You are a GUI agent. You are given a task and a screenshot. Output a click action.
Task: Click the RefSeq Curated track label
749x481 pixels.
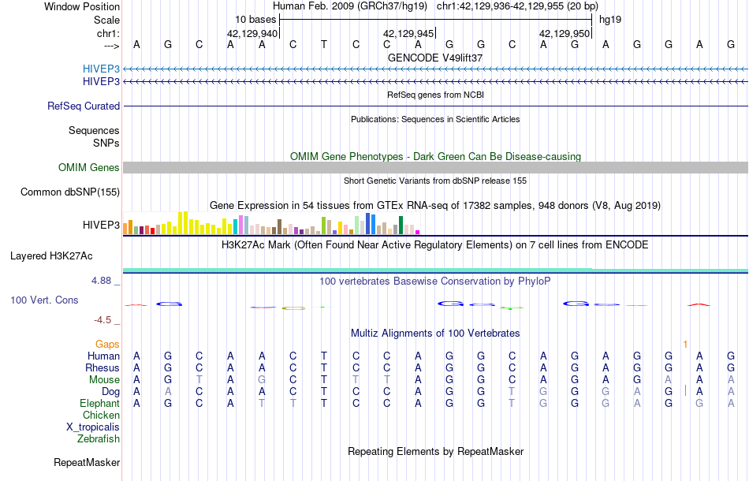click(x=84, y=106)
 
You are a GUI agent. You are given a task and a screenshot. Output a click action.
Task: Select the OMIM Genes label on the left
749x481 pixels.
click(x=88, y=167)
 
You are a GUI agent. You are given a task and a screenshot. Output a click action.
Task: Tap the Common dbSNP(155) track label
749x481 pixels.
click(x=70, y=192)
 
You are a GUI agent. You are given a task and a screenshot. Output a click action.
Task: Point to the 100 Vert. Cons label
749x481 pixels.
click(x=44, y=300)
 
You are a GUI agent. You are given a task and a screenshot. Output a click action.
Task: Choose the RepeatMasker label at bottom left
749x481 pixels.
click(x=87, y=462)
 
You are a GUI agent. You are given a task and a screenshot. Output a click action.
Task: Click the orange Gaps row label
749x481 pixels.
click(x=107, y=345)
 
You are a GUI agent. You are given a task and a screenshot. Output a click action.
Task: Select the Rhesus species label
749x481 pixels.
click(x=102, y=367)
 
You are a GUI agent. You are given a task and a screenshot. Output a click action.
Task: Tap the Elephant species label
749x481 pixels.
click(x=99, y=403)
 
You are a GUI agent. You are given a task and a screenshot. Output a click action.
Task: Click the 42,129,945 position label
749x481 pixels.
click(x=408, y=34)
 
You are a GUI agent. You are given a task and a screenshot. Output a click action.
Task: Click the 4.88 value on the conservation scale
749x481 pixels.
click(x=105, y=280)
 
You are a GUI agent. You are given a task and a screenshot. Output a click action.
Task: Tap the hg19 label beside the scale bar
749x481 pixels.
click(x=611, y=19)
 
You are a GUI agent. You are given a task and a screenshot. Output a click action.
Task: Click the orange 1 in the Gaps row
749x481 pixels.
click(x=685, y=345)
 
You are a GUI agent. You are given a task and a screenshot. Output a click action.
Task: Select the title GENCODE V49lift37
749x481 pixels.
click(x=435, y=58)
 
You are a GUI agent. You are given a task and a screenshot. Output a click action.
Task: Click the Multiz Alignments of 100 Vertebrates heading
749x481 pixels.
click(x=435, y=334)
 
